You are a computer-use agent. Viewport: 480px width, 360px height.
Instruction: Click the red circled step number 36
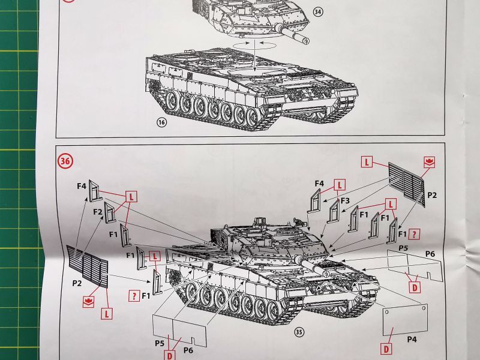(65, 161)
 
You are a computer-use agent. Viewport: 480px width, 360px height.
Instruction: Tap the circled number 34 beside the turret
(318, 12)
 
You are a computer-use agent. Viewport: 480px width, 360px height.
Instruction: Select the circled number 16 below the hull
(161, 122)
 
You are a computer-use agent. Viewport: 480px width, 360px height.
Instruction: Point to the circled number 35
(299, 332)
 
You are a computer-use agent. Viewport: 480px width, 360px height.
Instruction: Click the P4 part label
(412, 339)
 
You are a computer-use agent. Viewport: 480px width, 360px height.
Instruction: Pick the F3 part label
(345, 201)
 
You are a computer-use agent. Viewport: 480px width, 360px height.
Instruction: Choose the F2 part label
(98, 212)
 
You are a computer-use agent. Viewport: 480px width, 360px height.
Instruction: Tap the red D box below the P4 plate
(386, 349)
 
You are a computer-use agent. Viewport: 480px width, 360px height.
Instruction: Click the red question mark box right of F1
(414, 235)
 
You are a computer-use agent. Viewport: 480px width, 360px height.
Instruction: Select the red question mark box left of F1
(134, 296)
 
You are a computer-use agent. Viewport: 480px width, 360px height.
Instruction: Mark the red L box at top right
(367, 161)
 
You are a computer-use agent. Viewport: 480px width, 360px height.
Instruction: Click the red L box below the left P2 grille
(107, 314)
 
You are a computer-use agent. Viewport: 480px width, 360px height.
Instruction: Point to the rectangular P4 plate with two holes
(406, 320)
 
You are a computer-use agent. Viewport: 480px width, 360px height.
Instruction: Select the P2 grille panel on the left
(87, 266)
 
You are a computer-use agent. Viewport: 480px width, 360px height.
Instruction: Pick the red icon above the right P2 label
(429, 162)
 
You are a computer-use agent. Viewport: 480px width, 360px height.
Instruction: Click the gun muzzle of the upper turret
(305, 40)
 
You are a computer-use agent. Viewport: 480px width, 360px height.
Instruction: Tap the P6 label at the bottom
(188, 350)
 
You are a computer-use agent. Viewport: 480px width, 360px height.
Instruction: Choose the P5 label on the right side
(403, 248)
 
